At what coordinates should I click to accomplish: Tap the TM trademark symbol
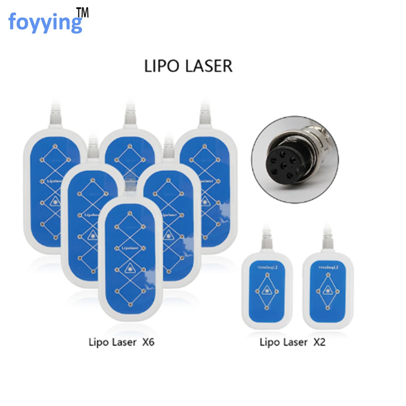82,13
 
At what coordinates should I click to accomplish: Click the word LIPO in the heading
161,66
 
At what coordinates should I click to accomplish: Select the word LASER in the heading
207,66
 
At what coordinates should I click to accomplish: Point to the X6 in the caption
148,342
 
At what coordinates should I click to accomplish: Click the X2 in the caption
319,342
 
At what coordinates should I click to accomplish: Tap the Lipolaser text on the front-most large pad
130,247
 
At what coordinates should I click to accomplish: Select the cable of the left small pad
267,240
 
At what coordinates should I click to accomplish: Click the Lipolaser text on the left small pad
267,268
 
